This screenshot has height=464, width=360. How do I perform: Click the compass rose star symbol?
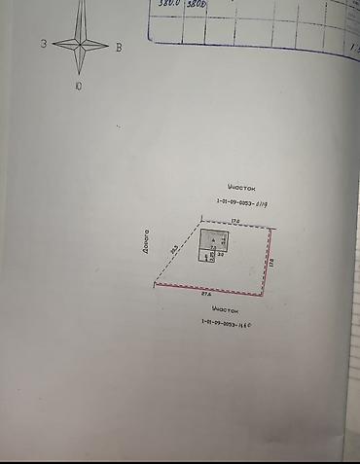point(80,44)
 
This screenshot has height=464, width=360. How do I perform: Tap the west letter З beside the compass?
point(45,44)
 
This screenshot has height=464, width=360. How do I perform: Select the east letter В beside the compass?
point(118,46)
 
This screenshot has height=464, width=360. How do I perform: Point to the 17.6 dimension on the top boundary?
point(235,222)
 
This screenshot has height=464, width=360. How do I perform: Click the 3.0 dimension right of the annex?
point(222,255)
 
